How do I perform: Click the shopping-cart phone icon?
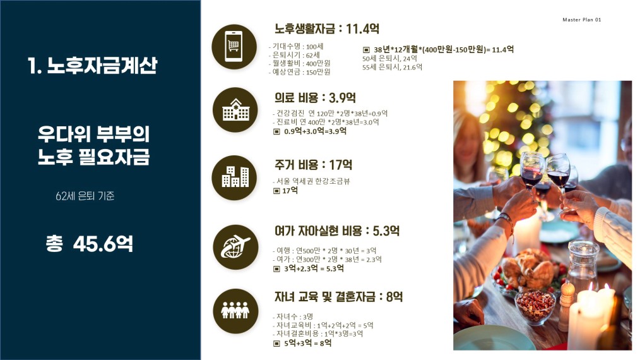coord(234,47)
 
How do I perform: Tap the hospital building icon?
coord(235,110)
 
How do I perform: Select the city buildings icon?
coord(234,177)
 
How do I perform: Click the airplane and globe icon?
coord(235,247)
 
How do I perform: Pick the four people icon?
coord(235,311)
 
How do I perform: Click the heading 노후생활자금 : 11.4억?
coord(327,28)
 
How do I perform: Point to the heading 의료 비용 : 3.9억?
coord(315,98)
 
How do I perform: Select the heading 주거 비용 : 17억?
coord(313,165)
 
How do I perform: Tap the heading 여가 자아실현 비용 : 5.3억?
coord(337,231)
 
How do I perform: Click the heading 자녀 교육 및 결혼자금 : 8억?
coord(338,297)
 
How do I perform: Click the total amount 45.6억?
coord(104,244)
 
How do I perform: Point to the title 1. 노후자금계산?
coord(92,66)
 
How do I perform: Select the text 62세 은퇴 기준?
coord(85,196)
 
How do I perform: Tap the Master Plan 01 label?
coord(582,20)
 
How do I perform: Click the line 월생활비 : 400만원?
coord(300,63)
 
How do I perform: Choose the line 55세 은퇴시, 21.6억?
coord(392,67)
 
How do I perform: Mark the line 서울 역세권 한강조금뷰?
coord(311,181)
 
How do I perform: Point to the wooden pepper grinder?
coord(566,304)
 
